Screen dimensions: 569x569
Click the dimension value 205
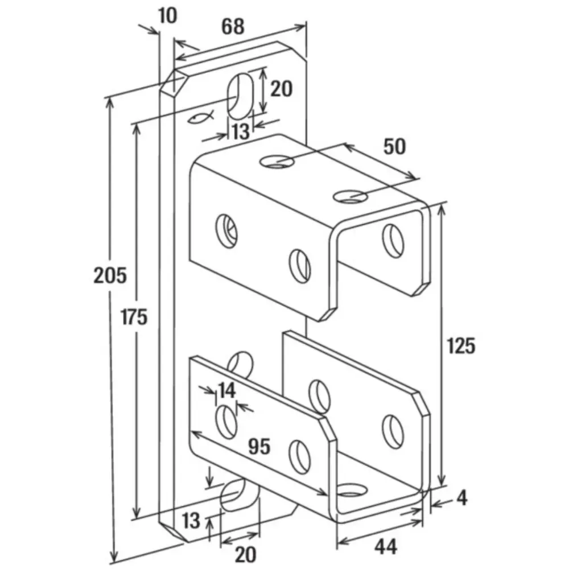(110, 275)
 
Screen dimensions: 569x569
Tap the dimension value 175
(134, 316)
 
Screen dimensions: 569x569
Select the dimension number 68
(233, 27)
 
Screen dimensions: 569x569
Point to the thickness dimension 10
(168, 15)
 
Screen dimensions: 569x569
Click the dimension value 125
(461, 345)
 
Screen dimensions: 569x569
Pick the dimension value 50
(394, 146)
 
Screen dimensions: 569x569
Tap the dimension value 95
(259, 446)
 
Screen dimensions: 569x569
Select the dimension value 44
(386, 546)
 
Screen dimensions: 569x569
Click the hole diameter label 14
(226, 390)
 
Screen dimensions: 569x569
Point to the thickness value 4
(461, 498)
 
